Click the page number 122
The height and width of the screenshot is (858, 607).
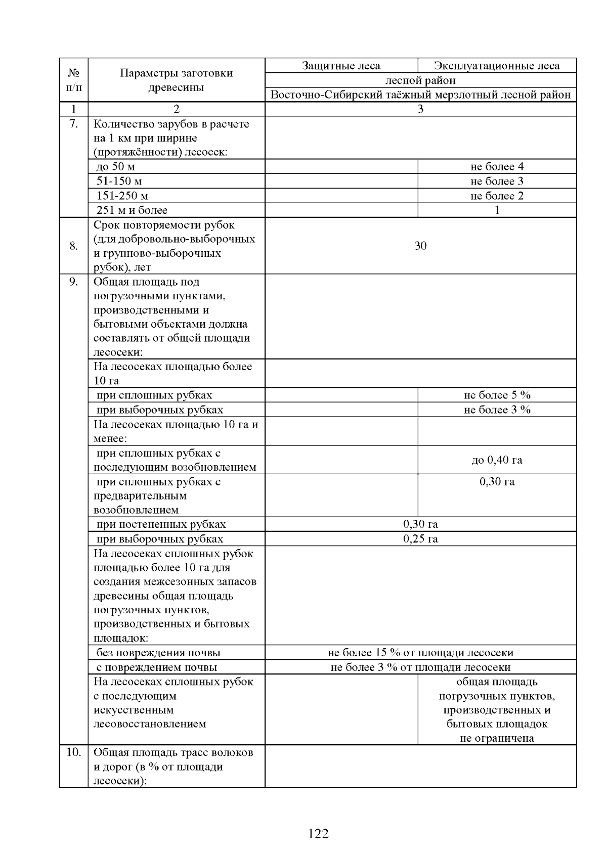pos(318,833)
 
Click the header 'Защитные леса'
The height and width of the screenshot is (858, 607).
pos(341,66)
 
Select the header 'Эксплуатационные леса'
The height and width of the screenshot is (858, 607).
pos(497,66)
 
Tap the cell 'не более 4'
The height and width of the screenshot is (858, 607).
pos(497,166)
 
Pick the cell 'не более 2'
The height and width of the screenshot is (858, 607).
pos(497,196)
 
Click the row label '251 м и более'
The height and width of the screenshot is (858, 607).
pos(132,210)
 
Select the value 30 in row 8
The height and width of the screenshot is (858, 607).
pos(420,246)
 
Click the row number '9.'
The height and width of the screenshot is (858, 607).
pos(74,282)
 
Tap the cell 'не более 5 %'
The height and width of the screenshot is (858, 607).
pos(497,395)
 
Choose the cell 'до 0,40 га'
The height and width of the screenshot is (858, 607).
pos(497,460)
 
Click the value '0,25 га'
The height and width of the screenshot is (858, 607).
pos(420,538)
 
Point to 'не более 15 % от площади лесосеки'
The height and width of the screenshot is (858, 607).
pos(420,652)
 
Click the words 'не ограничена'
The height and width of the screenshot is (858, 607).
pos(497,738)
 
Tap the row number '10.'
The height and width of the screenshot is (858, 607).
pos(74,752)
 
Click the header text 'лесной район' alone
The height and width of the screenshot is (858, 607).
pos(420,80)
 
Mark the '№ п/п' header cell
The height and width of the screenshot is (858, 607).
pos(74,80)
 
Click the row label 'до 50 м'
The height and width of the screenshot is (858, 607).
pos(115,166)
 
